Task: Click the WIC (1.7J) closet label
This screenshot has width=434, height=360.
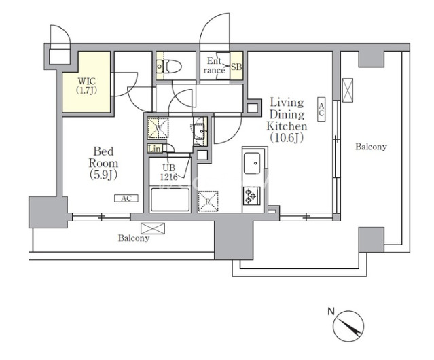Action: [x=87, y=86]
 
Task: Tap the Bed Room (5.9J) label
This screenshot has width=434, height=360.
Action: [x=103, y=163]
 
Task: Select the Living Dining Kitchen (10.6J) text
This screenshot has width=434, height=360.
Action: [x=287, y=120]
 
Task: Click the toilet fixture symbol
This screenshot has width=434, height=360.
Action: [x=169, y=67]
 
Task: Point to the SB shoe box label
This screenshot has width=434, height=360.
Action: [x=236, y=67]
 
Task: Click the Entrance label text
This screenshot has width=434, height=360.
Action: [x=214, y=66]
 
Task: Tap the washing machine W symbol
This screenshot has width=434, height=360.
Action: [x=158, y=128]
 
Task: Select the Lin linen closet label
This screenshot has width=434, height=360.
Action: [x=154, y=149]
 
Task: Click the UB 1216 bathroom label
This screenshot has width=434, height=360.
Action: [x=168, y=173]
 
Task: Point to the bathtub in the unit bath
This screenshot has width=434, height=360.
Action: [x=170, y=199]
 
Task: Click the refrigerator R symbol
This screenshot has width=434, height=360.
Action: [x=208, y=202]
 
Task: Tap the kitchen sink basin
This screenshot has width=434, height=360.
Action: [x=252, y=163]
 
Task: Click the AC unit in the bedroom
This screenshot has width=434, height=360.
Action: [x=126, y=198]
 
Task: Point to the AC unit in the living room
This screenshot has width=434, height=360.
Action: [x=321, y=109]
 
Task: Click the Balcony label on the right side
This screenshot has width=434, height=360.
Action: [x=371, y=147]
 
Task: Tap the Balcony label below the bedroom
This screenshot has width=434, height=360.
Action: [x=134, y=238]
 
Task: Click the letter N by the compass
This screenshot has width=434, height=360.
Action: [x=331, y=312]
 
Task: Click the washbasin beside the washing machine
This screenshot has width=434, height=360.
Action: [x=200, y=131]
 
